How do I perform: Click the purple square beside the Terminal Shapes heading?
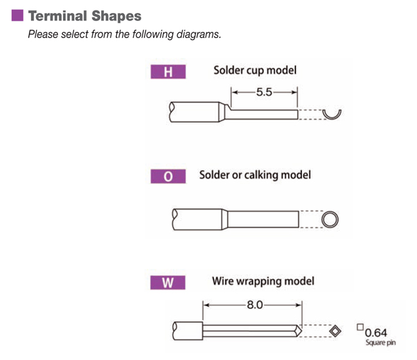[17, 15]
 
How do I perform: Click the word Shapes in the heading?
[116, 16]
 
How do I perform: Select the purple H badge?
[168, 72]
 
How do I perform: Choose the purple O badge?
[168, 177]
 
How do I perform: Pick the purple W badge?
[168, 282]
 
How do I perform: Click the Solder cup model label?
[255, 70]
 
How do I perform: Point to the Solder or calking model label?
[255, 175]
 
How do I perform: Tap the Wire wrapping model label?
[263, 281]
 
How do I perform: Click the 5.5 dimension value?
[264, 93]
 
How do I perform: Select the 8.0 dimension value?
[255, 305]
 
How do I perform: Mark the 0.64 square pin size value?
[376, 333]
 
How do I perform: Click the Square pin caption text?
[381, 342]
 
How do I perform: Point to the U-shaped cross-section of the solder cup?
[332, 118]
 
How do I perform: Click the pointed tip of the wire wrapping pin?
[301, 331]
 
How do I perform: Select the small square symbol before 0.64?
[360, 327]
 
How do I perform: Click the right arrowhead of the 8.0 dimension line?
[299, 305]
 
